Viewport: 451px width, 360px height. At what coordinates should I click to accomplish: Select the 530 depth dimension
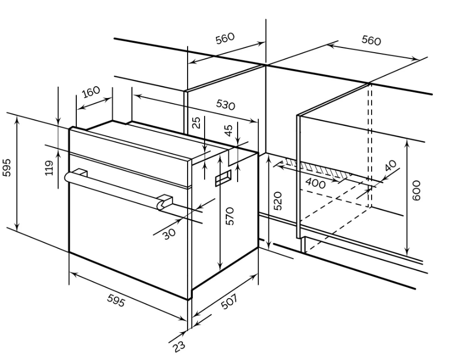[x=226, y=105]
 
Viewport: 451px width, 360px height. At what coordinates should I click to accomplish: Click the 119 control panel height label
[x=49, y=168]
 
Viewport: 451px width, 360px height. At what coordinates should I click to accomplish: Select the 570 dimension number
[x=230, y=216]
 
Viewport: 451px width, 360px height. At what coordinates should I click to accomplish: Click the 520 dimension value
[x=278, y=201]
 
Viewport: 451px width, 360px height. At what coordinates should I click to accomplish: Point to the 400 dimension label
[x=315, y=183]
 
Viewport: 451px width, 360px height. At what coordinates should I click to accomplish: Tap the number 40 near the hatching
[x=390, y=166]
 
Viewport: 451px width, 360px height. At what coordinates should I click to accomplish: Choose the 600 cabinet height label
[x=416, y=190]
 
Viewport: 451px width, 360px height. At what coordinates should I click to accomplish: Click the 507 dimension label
[x=229, y=301]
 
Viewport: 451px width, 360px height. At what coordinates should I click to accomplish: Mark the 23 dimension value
[x=179, y=346]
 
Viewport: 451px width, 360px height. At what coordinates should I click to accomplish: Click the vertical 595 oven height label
[x=6, y=168]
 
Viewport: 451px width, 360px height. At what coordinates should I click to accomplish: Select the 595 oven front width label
[x=116, y=301]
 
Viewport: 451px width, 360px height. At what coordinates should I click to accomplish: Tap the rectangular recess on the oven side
[x=223, y=178]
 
